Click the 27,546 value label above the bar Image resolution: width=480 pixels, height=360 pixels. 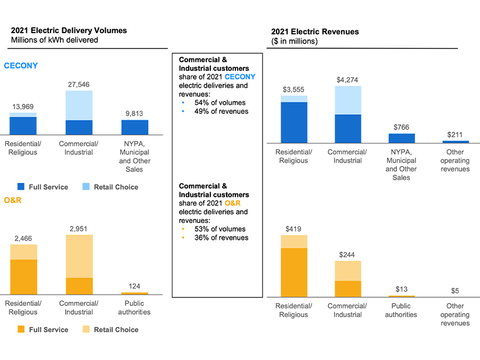pos(78,84)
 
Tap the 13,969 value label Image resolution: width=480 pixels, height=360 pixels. pos(23,106)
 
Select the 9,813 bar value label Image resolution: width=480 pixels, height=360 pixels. pos(134,114)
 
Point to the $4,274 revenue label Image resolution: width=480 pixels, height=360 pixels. pos(348,80)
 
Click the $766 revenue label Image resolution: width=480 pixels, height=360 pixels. pos(402,127)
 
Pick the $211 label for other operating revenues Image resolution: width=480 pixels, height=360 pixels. pos(455,134)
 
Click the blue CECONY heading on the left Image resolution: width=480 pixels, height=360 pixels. pos(21,66)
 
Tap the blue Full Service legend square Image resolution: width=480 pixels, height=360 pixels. pos(21,187)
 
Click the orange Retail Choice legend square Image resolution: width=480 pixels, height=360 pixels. pos(85,329)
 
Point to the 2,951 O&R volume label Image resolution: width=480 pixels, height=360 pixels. pos(78,229)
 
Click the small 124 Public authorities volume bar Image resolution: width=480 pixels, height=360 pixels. pos(134,293)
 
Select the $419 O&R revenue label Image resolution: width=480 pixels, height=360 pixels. pos(293,229)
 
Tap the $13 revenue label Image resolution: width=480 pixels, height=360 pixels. pos(402,289)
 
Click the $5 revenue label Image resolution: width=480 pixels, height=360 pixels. pos(455,291)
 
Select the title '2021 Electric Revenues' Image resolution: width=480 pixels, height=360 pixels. pos(315,31)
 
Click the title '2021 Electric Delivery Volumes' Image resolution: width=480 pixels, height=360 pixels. pos(69,30)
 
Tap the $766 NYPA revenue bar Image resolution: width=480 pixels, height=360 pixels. pos(402,138)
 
